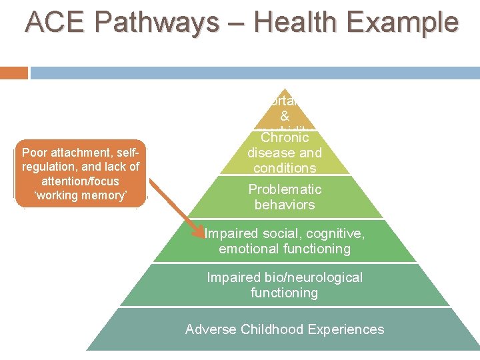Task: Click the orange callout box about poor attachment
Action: (x=79, y=175)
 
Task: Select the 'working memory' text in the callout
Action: (x=79, y=195)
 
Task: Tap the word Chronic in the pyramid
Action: (x=285, y=138)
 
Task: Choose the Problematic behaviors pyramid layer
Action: (x=285, y=197)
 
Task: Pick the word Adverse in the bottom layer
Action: (x=209, y=329)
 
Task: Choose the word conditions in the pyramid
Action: (x=285, y=168)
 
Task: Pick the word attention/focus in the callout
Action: (x=79, y=181)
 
